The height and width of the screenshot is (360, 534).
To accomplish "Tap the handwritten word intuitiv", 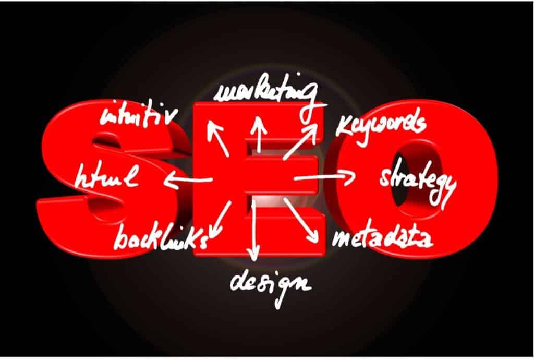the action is click(x=138, y=113).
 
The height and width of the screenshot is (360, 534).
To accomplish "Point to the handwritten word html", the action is click(x=107, y=176).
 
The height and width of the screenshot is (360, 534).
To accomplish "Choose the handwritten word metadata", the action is click(x=382, y=238).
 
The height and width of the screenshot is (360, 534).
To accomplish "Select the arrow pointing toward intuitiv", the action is click(x=218, y=138).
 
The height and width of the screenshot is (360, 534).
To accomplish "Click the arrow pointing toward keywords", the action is click(x=300, y=141).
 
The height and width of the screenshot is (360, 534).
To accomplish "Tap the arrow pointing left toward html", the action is click(x=187, y=181).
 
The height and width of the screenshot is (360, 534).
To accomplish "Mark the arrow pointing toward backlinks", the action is click(x=220, y=220).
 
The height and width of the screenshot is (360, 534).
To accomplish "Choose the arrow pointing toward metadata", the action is click(x=301, y=221).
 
